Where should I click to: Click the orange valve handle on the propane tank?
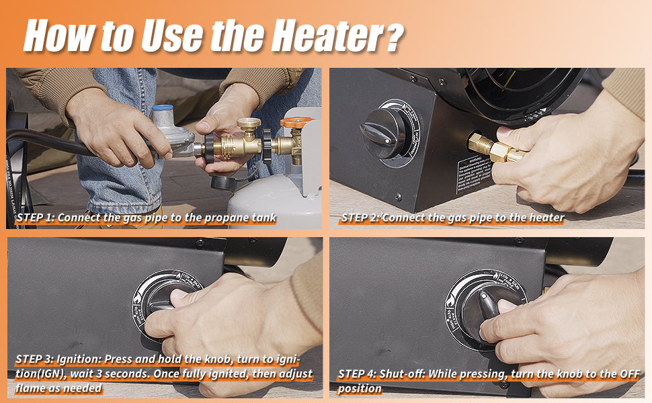297,123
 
